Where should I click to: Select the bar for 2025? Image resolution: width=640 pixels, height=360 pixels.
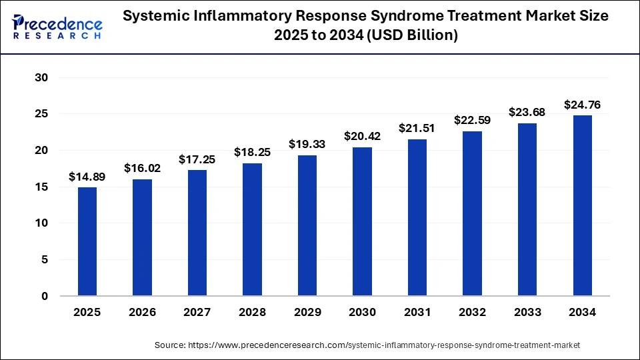point(87,241)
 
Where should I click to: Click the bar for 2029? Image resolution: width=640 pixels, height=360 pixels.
point(307,225)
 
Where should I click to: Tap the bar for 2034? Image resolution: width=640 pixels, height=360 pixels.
point(582,205)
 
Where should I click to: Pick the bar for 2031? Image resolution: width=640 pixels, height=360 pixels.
point(417,217)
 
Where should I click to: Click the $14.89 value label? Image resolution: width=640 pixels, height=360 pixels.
point(87,177)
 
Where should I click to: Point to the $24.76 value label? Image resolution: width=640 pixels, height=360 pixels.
point(582,105)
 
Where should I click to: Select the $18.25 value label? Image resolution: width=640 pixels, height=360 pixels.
point(252,152)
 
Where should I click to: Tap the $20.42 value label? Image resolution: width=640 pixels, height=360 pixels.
point(362,136)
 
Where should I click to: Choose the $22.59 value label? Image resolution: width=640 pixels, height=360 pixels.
point(472,120)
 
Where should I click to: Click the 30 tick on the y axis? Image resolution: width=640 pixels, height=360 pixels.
point(41,78)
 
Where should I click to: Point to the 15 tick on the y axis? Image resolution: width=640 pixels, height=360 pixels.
point(41,187)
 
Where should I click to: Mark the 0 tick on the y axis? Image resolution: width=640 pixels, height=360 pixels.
point(45,296)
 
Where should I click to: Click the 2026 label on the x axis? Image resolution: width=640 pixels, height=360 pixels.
point(142,312)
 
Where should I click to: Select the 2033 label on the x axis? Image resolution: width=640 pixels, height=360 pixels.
point(527,312)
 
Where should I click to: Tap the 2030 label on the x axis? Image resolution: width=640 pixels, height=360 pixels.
point(362,312)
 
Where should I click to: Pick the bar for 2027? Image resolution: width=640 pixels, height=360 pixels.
point(197,233)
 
